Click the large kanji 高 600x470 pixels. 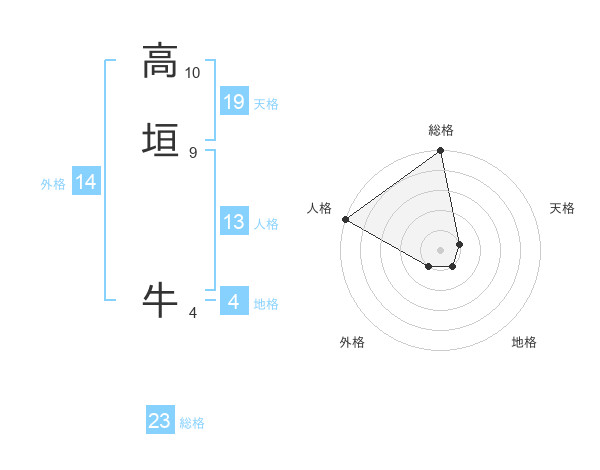160,62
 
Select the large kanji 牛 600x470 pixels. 160,299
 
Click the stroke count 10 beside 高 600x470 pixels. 192,73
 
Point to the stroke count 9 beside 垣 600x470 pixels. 192,153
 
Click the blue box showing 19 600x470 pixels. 234,101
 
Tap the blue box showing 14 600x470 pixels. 86,182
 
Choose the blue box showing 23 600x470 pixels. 160,421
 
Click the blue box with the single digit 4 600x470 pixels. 234,302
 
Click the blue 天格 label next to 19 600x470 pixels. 266,104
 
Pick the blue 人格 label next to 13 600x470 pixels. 266,224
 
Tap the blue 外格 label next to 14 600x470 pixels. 53,184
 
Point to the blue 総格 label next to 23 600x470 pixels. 192,423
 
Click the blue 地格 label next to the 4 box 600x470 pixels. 266,304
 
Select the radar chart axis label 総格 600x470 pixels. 441,130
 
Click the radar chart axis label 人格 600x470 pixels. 319,208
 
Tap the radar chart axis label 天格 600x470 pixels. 563,208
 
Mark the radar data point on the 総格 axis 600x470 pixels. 441,152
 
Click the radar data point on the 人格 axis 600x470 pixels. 345,219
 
